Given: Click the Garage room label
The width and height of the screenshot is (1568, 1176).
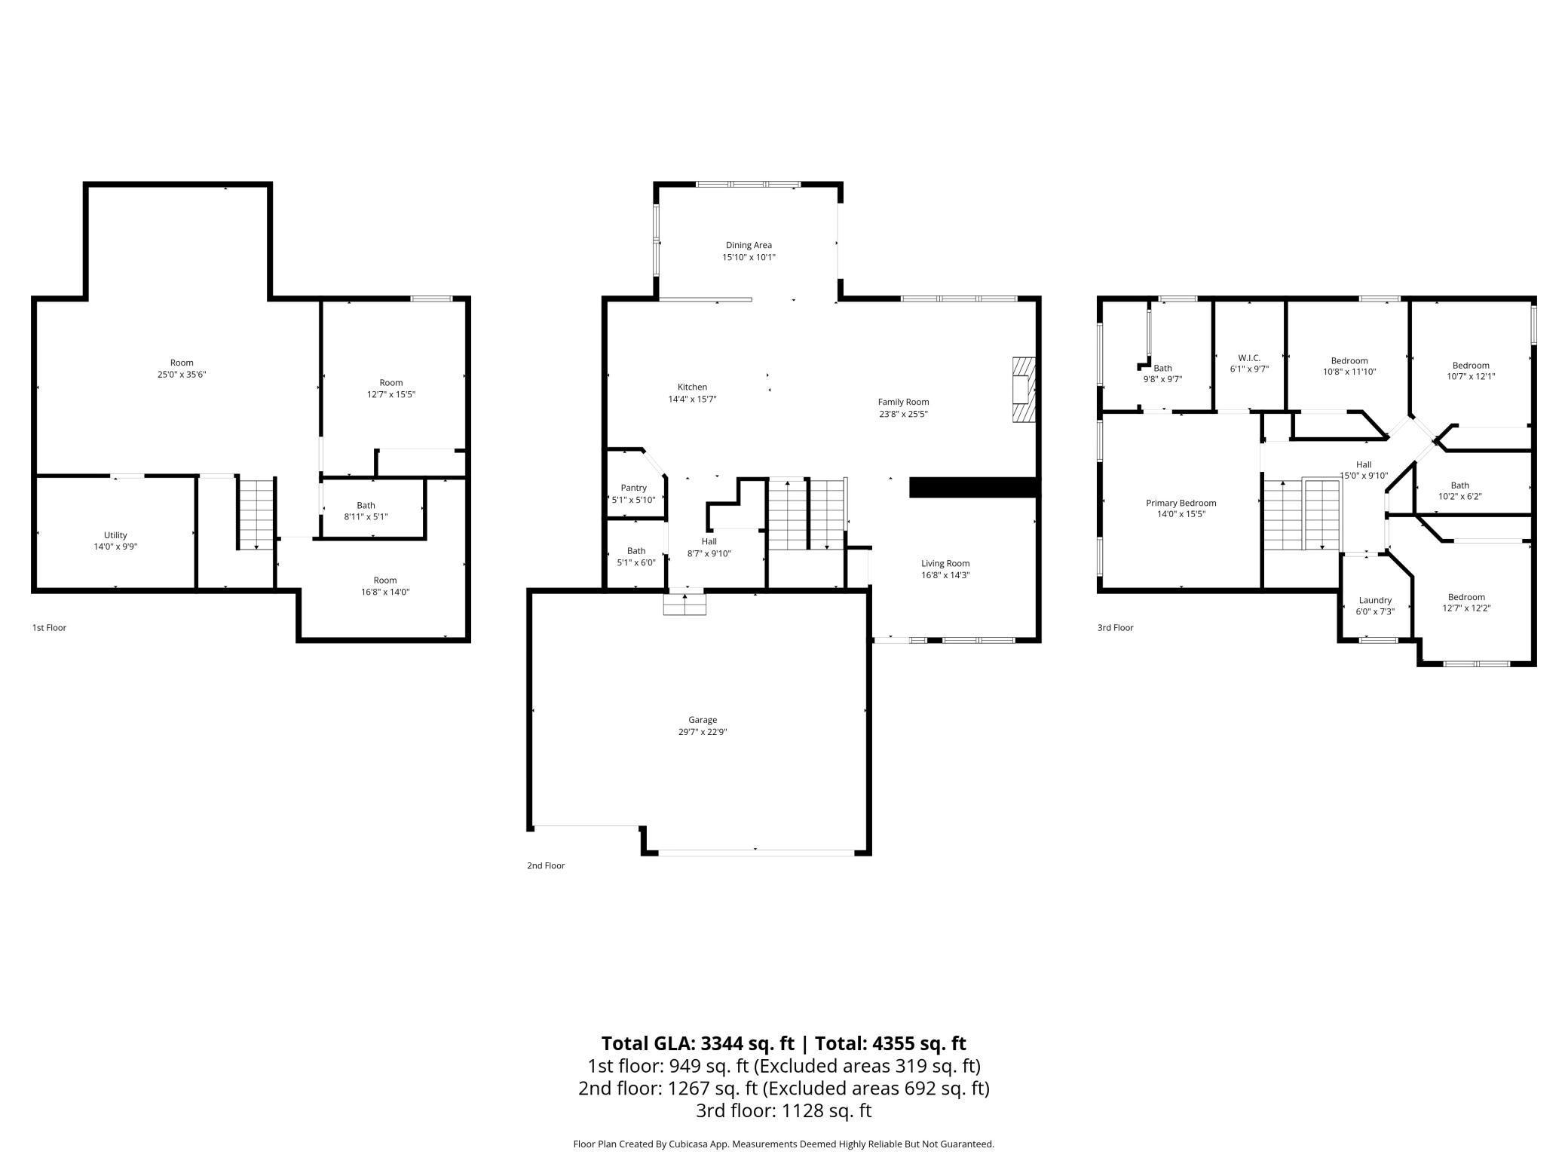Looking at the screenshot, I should (702, 720).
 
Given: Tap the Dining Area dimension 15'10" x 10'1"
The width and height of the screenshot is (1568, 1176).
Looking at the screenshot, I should (749, 258).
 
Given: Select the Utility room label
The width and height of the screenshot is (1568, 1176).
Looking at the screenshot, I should (115, 535).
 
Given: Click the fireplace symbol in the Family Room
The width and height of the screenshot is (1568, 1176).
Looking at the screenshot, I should (1024, 390).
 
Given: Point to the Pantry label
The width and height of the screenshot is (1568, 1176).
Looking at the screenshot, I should (633, 488).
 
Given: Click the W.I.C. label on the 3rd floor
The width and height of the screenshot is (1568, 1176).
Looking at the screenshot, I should (1249, 358).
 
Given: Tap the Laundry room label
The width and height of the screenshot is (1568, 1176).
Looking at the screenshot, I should (1375, 600).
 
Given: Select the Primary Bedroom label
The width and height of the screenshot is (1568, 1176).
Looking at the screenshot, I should (1181, 503).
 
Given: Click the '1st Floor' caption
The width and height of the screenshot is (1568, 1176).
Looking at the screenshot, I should (49, 627).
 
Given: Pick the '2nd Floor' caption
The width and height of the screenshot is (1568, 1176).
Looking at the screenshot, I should (546, 865).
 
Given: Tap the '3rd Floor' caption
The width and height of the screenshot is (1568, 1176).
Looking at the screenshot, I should (1115, 627).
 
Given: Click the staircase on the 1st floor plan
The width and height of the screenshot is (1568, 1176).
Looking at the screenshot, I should (256, 513).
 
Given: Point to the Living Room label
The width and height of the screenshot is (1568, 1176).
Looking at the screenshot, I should (945, 563).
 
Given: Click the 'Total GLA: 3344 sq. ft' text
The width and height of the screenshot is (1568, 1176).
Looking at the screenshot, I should (697, 1043).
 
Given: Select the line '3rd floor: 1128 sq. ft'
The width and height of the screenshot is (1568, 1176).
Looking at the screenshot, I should (783, 1110).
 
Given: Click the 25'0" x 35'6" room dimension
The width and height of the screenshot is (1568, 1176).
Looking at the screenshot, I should (182, 375).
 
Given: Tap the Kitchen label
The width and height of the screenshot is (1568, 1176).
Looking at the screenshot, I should (692, 387).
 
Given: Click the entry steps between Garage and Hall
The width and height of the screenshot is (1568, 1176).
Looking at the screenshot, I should (684, 605).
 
